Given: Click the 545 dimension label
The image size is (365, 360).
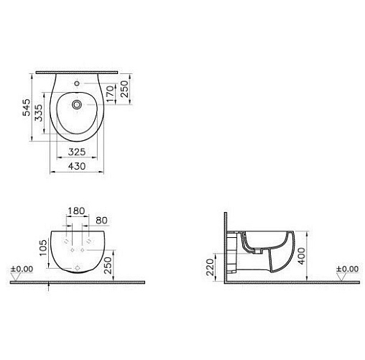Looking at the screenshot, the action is pos(27,108).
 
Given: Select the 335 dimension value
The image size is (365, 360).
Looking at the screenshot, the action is pos(38,113).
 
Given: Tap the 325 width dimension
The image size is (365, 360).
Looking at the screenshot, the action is pos(77,152).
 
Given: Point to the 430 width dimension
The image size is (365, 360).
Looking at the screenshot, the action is pos(77,166).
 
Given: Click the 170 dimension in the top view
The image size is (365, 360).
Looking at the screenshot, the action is pos(110,94).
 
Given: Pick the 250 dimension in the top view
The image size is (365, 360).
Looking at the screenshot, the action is pos(124,89).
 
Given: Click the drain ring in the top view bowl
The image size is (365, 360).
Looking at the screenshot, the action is pos(77,104).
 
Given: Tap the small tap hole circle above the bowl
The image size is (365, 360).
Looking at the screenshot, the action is pos(77,83).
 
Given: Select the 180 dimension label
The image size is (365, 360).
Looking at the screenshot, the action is pos(76,211).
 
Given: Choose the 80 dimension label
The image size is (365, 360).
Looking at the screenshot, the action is pos(101,221).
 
